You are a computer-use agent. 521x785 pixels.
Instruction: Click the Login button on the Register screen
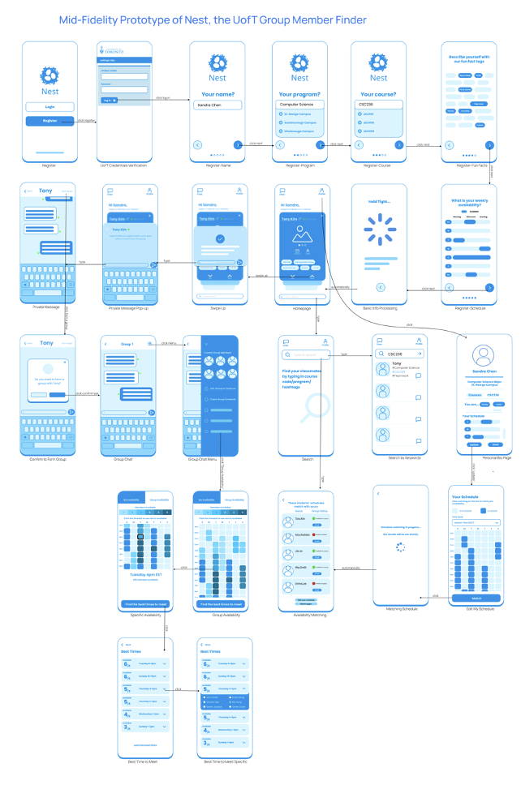[x=50, y=106]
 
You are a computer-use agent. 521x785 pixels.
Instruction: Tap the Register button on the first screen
[x=50, y=121]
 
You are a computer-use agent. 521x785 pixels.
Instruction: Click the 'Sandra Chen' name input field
[x=217, y=105]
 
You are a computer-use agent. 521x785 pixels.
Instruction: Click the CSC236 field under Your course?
[x=378, y=105]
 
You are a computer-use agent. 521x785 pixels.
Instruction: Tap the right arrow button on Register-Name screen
[x=237, y=145]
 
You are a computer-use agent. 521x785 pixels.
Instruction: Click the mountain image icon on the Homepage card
[x=299, y=237]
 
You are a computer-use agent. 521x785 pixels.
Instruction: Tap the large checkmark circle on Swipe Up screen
[x=217, y=238]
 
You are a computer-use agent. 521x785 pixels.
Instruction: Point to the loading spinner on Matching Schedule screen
[x=398, y=547]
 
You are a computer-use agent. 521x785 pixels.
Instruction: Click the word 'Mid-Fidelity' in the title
[x=93, y=19]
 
